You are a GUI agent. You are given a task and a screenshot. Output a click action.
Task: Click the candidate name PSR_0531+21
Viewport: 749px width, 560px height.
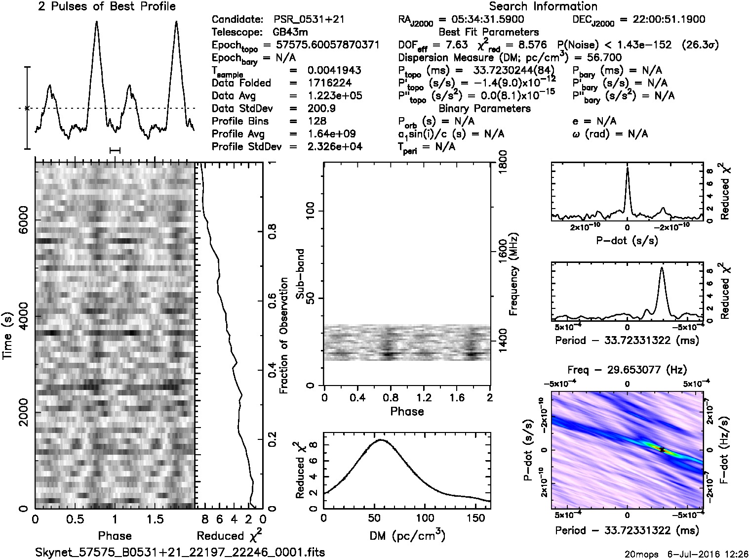[x=309, y=20]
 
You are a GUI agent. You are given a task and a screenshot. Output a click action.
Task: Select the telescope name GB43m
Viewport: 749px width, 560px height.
[x=291, y=33]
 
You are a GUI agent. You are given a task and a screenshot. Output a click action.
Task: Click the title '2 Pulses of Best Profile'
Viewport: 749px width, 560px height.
[x=107, y=6]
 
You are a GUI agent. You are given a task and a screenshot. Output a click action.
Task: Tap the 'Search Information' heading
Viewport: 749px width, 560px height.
[x=543, y=6]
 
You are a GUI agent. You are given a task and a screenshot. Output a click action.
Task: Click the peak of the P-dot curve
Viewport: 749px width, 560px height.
[x=627, y=168]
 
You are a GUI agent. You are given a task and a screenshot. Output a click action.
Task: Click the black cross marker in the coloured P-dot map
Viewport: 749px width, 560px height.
[x=662, y=450]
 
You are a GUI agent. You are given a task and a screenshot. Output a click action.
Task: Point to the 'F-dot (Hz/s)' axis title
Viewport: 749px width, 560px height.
[x=724, y=450]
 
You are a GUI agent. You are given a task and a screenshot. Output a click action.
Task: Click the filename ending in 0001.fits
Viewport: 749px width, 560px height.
[x=181, y=552]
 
